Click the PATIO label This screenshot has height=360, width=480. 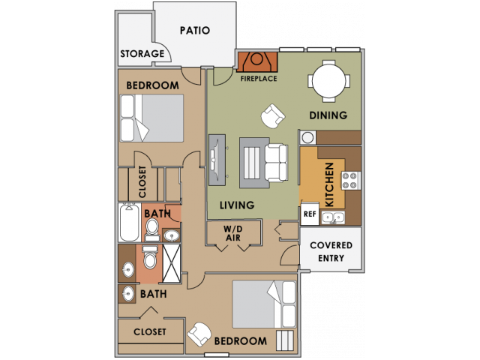(194, 31)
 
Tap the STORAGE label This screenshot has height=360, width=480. (142, 54)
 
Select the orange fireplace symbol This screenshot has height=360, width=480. (257, 61)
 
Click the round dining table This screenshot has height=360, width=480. (331, 81)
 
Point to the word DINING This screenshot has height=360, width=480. (328, 115)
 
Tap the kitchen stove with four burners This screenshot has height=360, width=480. (351, 181)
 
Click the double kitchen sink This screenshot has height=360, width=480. (332, 217)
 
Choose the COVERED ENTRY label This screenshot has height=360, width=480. (331, 252)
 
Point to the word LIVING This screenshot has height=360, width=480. (237, 205)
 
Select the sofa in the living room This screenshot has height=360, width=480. (274, 163)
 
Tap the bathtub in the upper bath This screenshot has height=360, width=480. (128, 222)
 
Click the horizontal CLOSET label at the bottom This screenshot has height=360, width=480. (149, 331)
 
